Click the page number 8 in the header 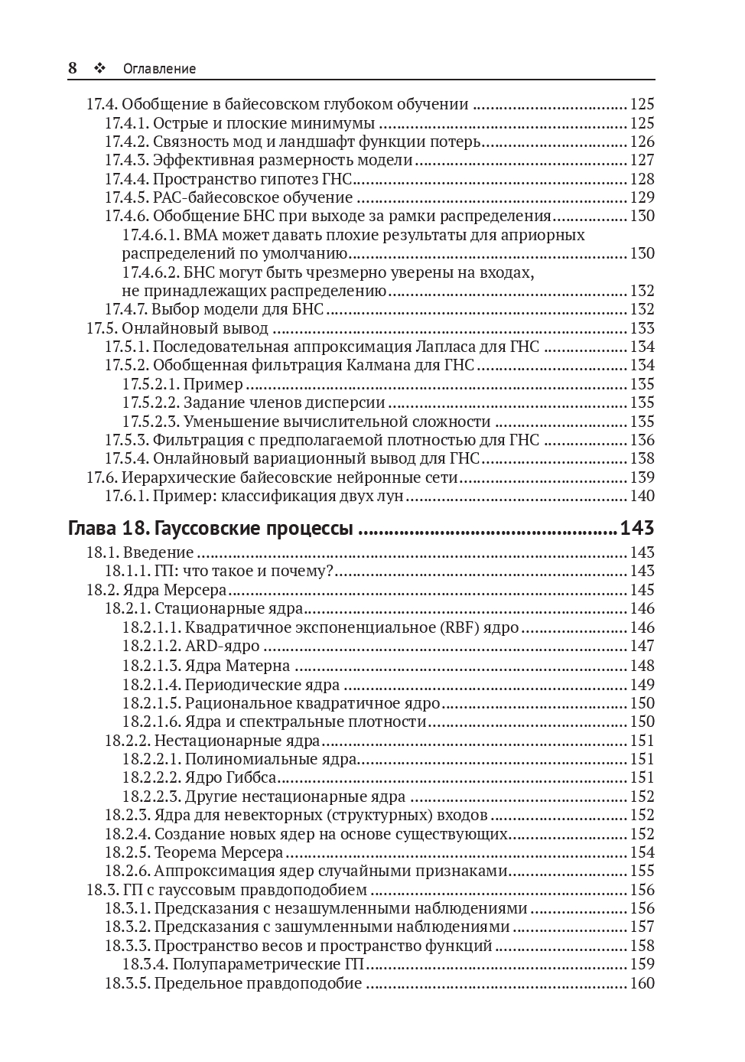(73, 68)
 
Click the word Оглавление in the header (159, 69)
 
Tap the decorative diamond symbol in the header (99, 68)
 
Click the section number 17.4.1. (126, 123)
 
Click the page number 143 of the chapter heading (637, 529)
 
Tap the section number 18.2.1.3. (151, 666)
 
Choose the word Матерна (258, 666)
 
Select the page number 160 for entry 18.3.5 (643, 983)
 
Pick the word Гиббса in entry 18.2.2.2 (249, 777)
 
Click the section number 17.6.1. (126, 496)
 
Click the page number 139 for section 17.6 (643, 477)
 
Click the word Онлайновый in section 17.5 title (162, 328)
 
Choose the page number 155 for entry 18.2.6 (643, 871)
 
